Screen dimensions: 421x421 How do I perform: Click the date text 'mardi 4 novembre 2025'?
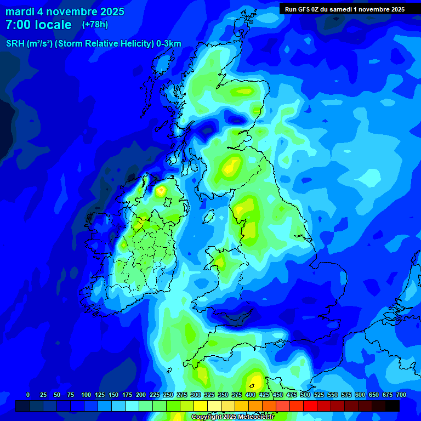65,12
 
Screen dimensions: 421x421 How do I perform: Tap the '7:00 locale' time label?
38,25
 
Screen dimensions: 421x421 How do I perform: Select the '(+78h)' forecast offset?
95,24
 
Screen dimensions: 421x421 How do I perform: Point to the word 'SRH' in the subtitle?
15,44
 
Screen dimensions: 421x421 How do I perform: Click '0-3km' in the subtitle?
169,44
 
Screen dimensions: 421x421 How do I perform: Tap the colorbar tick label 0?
28,395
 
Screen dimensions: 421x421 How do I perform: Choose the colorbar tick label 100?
86,395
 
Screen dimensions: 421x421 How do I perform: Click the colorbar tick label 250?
168,395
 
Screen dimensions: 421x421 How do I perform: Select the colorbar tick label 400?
251,395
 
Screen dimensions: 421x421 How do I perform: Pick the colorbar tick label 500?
305,395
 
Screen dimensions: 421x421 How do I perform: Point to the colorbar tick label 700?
401,395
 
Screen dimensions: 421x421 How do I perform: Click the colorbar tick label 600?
360,395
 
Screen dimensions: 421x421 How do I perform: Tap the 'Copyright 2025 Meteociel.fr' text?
232,417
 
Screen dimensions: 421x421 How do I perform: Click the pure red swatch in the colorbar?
310,406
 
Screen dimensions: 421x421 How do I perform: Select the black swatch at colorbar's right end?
392,406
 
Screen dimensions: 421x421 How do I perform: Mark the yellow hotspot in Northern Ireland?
161,191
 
